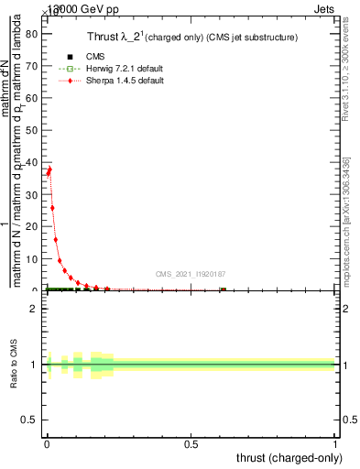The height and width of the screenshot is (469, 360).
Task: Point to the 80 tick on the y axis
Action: coord(34,35)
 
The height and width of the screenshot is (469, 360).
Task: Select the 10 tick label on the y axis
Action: coord(34,259)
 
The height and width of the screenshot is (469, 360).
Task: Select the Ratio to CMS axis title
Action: coord(13,365)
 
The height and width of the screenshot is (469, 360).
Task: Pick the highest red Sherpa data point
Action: coord(49,169)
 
